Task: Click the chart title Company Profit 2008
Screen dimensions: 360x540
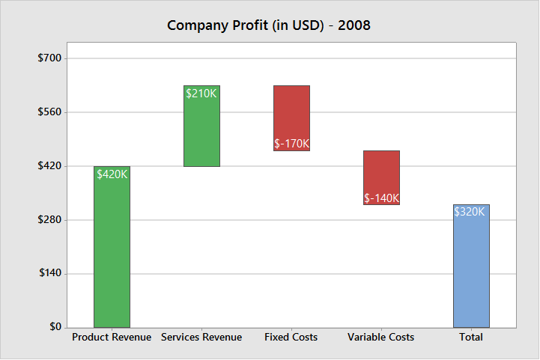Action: [269, 25]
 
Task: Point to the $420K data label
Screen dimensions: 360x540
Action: [112, 174]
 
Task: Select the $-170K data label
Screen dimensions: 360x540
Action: [291, 144]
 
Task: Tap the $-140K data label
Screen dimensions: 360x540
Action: [381, 198]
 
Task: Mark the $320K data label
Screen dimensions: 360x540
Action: [470, 212]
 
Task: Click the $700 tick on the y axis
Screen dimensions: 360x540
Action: [51, 58]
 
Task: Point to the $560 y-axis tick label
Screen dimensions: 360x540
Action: [51, 112]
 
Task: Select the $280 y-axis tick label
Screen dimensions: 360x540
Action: [51, 220]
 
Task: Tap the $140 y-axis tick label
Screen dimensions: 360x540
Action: [51, 274]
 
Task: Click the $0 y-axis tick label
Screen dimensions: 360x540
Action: [55, 327]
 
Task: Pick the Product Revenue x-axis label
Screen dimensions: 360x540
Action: [112, 338]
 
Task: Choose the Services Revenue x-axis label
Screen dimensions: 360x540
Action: [201, 338]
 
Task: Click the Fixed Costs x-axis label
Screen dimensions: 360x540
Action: [291, 338]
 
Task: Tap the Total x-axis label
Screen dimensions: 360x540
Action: [471, 338]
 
